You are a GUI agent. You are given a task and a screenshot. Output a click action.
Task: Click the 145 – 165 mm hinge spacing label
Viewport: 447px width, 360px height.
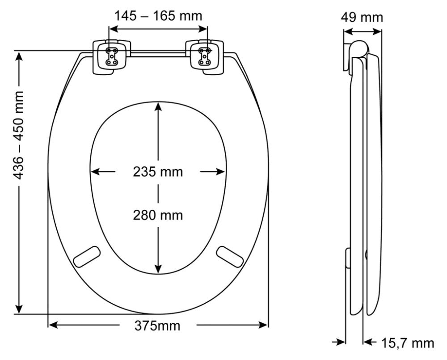[x=158, y=16]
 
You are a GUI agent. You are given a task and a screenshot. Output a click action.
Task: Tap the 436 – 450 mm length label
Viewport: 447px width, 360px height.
[x=18, y=135]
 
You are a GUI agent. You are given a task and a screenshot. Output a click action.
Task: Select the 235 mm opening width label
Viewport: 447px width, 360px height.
[x=158, y=172]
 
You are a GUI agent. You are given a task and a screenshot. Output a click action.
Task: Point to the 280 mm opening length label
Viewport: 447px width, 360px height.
[x=158, y=215]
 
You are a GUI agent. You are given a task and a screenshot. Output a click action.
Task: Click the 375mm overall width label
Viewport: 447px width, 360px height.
[x=157, y=326]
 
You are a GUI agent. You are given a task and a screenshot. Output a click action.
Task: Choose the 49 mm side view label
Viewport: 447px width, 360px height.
[x=362, y=17]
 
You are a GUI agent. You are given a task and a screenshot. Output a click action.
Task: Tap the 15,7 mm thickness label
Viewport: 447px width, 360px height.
[x=407, y=343]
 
